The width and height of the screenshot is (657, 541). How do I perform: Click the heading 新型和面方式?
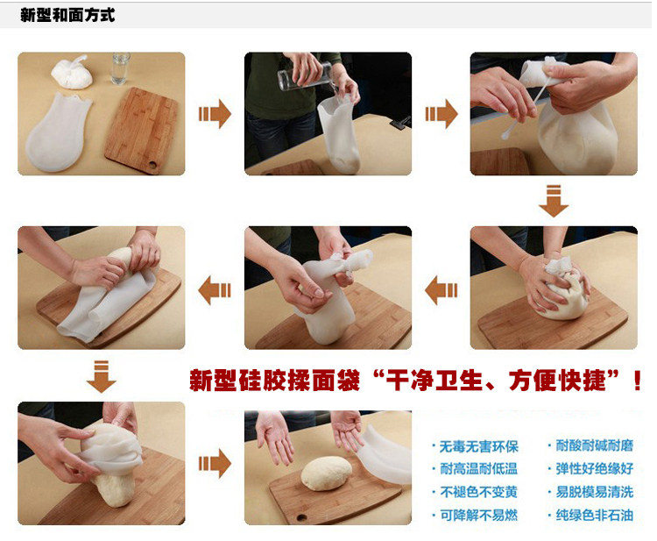(67, 15)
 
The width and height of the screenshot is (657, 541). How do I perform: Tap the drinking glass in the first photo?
(121, 68)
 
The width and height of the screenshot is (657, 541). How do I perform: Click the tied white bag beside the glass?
(72, 72)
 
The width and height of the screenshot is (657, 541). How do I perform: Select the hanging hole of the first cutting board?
(153, 164)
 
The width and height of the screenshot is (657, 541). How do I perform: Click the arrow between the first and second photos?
(215, 114)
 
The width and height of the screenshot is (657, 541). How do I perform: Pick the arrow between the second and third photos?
(441, 114)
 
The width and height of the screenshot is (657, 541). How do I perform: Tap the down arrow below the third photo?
(554, 201)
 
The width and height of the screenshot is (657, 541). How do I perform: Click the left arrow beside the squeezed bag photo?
(441, 290)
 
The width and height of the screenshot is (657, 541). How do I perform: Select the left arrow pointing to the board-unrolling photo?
(215, 290)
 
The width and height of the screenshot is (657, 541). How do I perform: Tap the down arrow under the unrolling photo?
(102, 376)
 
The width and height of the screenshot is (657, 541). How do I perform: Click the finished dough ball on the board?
(327, 473)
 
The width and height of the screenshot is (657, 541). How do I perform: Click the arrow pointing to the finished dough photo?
(215, 464)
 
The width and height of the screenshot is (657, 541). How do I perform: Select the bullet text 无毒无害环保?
(478, 446)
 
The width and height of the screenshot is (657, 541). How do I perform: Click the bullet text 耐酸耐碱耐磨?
(595, 445)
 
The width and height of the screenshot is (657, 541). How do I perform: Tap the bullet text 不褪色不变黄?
(478, 492)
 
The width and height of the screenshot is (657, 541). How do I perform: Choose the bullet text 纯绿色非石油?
(595, 515)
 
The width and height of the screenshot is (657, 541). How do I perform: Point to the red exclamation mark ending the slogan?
(638, 381)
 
